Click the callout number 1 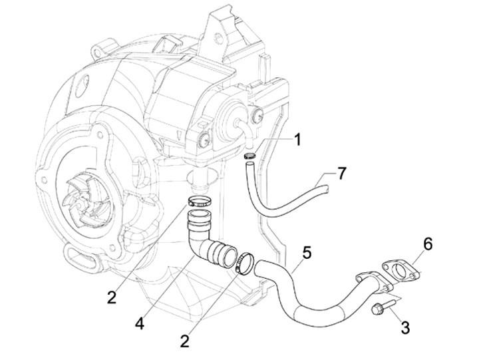pos(297,140)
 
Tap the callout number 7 pos(341,174)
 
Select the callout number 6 pos(427,244)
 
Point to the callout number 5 pos(306,253)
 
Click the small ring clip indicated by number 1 pos(249,156)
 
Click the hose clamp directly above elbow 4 pos(199,201)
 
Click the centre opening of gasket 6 pos(399,271)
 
